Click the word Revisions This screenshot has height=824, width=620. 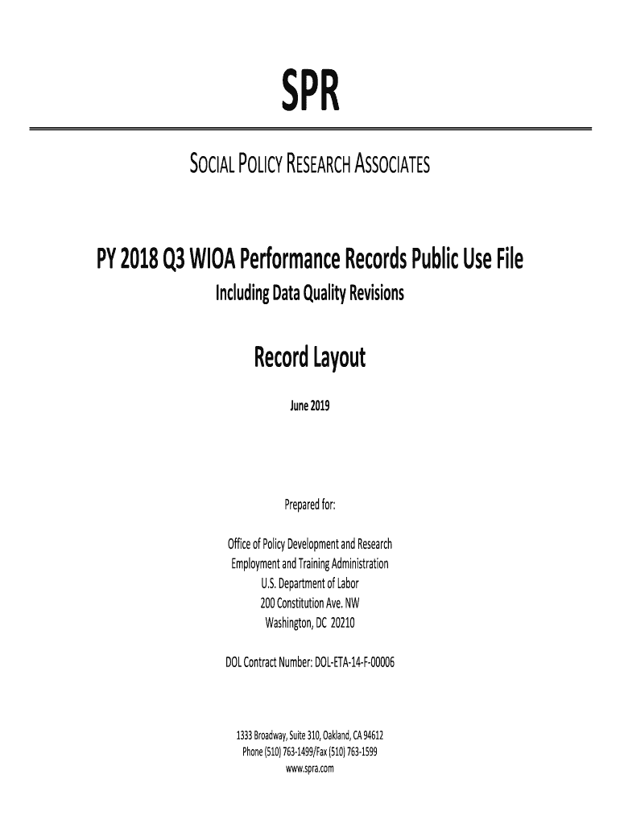374,295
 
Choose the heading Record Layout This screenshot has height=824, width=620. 310,356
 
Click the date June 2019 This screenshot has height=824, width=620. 310,406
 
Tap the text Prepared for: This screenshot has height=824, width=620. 310,505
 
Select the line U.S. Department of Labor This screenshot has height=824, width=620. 310,583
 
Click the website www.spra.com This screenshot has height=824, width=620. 310,768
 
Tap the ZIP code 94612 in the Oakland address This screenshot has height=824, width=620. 373,735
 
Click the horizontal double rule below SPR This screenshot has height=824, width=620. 310,129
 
